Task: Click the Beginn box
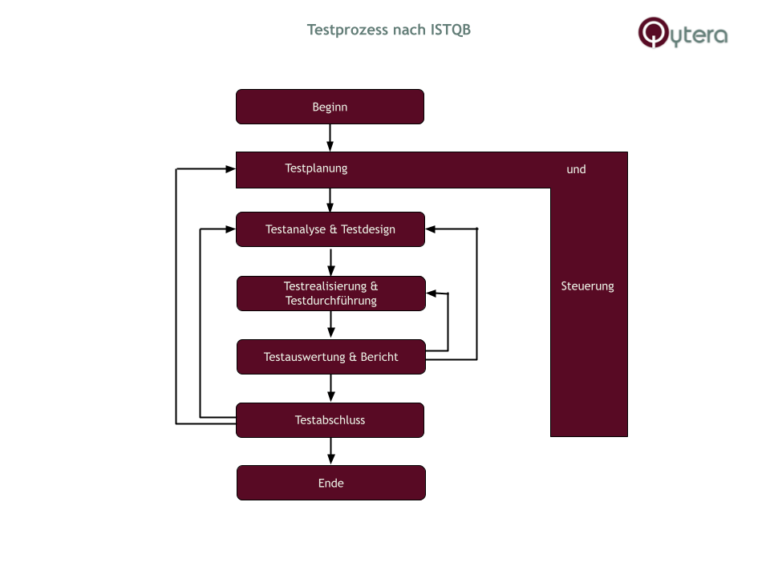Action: point(330,107)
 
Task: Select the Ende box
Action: point(330,483)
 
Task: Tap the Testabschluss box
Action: point(330,420)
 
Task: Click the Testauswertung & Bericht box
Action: point(330,357)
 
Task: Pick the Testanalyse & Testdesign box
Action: point(330,229)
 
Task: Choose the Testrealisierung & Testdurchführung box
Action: point(330,294)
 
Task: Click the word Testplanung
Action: point(316,168)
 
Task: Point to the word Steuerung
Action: point(587,286)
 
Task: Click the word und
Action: point(576,169)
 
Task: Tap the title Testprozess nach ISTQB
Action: point(389,30)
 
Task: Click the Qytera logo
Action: point(683,34)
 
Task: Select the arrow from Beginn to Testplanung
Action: point(330,137)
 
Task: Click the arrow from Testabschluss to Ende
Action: point(330,451)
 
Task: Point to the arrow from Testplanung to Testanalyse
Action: point(330,200)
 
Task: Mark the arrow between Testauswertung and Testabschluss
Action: point(330,388)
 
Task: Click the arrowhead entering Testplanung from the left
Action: point(229,168)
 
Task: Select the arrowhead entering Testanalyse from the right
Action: point(431,229)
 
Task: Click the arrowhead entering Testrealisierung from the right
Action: point(432,294)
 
